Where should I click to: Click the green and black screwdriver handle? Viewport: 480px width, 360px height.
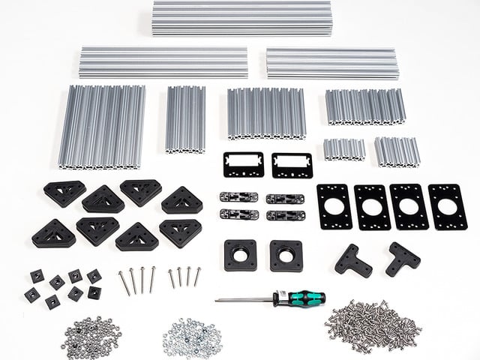304,298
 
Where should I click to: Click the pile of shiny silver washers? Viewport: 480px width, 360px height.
193,337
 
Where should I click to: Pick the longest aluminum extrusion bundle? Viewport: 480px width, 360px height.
241,18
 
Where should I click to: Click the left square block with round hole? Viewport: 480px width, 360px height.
240,255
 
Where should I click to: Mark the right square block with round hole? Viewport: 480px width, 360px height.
286,255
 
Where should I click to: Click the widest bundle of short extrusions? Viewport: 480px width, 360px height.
102,126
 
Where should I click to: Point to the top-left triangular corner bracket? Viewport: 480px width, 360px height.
64,193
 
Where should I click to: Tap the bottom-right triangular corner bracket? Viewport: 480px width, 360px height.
180,232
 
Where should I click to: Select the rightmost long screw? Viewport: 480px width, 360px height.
197,277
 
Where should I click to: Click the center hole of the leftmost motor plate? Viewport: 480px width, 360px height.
334,206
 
